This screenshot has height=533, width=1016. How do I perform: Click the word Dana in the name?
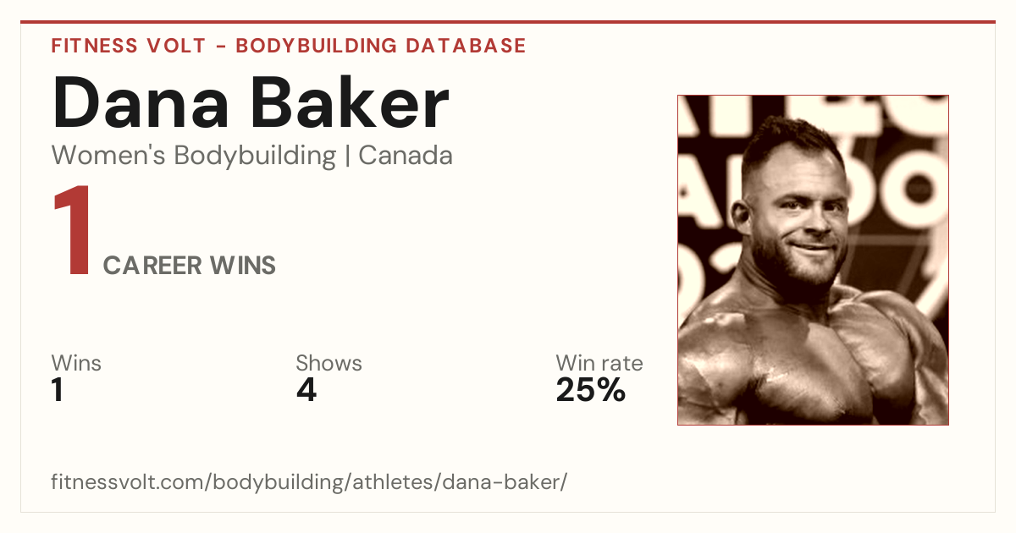click(x=141, y=103)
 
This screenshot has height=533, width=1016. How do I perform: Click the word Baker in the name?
click(x=350, y=102)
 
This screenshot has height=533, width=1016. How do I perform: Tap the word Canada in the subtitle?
click(x=406, y=156)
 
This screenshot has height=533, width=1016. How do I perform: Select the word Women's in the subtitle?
click(x=108, y=156)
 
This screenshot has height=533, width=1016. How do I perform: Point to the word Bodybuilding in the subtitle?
click(x=255, y=157)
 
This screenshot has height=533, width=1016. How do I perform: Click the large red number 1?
click(x=73, y=230)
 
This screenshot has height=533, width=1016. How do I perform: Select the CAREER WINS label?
click(x=189, y=265)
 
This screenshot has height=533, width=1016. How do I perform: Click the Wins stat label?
click(x=76, y=363)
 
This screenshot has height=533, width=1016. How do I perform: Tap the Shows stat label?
click(x=329, y=363)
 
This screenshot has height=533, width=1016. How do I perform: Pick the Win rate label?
click(x=599, y=363)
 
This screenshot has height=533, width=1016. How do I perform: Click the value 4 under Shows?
click(x=306, y=390)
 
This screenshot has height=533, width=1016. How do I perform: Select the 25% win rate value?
click(x=591, y=390)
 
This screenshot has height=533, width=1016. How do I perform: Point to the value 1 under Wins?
click(x=58, y=390)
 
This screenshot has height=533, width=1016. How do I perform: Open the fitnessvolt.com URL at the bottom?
click(x=309, y=481)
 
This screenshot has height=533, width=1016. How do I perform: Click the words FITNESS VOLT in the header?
click(x=129, y=46)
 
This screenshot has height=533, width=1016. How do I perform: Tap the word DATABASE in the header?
click(x=466, y=46)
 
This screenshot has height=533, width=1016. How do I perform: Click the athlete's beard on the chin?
click(x=812, y=267)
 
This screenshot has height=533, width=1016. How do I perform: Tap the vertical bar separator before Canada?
click(x=347, y=157)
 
